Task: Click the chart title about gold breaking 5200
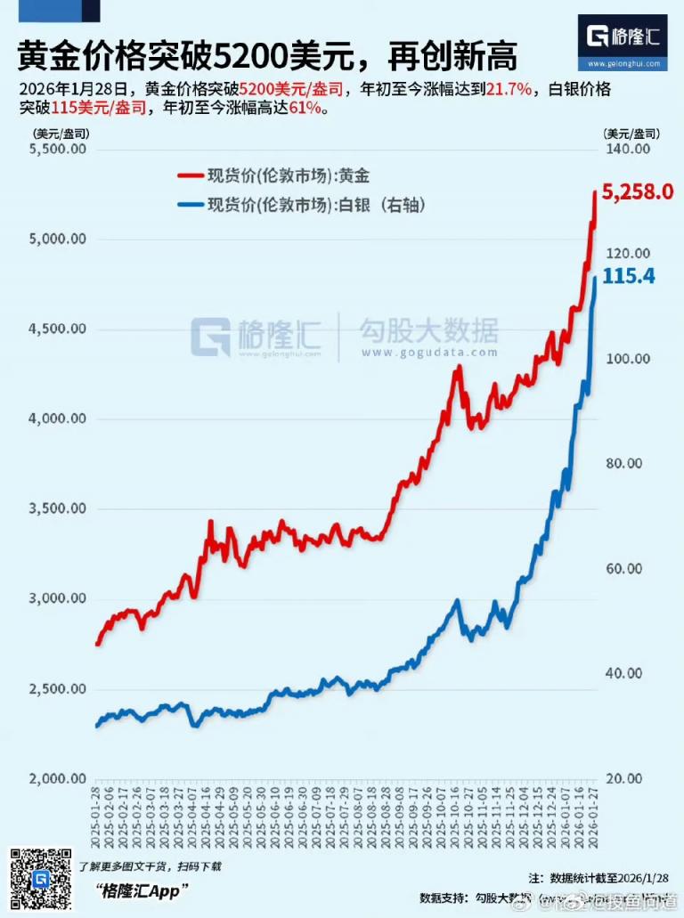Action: [267, 57]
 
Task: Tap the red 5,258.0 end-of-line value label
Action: [636, 191]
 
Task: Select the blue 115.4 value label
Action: [629, 277]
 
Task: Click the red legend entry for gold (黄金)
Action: [285, 175]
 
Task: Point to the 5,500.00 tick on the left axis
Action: [58, 150]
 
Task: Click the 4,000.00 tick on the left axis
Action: [58, 419]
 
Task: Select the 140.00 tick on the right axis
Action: [629, 150]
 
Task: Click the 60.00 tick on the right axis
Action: [629, 568]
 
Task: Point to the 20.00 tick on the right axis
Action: [629, 778]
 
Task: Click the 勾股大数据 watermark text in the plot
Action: [427, 331]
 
